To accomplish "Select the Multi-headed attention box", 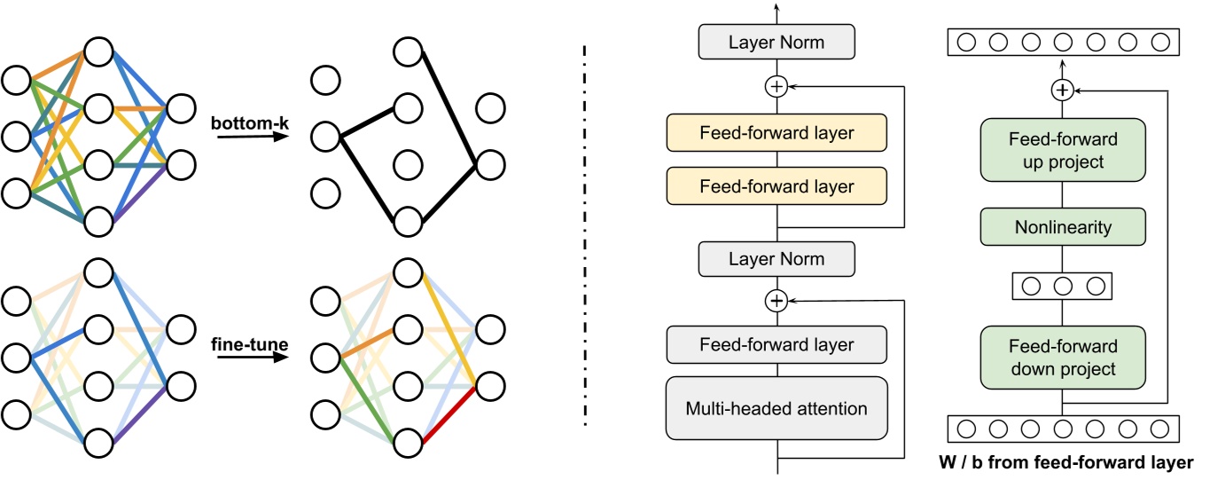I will coord(777,408).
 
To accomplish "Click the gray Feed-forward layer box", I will coord(777,344).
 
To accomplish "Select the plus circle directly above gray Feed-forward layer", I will coord(777,302).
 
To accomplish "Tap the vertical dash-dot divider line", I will coord(585,240).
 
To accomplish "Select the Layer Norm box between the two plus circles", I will coord(777,259).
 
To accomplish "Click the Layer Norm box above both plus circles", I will coord(777,42).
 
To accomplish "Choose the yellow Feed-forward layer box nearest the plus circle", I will coord(777,133).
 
